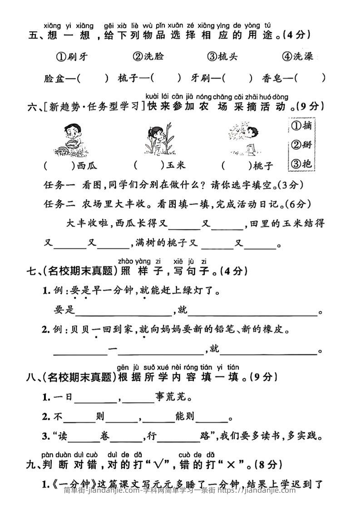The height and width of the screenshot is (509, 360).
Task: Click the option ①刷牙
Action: tap(72, 57)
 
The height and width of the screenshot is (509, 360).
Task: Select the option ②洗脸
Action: tap(148, 57)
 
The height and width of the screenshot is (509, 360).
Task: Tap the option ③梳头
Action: tap(222, 57)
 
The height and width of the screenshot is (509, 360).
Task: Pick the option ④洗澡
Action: tap(297, 57)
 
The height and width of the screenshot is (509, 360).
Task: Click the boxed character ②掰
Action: tap(302, 146)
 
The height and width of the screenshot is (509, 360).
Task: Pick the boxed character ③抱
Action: tap(302, 164)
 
